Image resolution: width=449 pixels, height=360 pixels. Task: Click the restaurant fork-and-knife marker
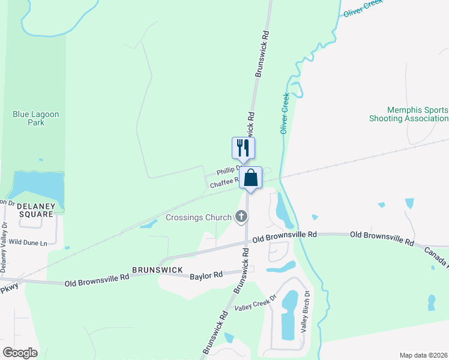tap(243, 148)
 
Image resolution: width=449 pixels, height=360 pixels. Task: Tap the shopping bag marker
tap(251, 178)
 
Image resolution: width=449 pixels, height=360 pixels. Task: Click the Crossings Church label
tap(198, 217)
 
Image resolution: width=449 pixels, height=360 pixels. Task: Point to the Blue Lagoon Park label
tap(36, 118)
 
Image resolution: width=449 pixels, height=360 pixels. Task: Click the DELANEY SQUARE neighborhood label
tap(36, 209)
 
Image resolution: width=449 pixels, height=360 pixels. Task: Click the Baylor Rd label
tap(206, 275)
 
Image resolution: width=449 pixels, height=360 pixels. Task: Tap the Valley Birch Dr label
tap(305, 312)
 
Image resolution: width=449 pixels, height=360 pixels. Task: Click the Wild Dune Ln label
tap(28, 242)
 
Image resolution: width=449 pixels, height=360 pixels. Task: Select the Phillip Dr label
tap(228, 170)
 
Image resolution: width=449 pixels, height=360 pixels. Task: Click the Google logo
tap(20, 353)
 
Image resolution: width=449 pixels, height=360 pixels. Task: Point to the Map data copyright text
tap(423, 355)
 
